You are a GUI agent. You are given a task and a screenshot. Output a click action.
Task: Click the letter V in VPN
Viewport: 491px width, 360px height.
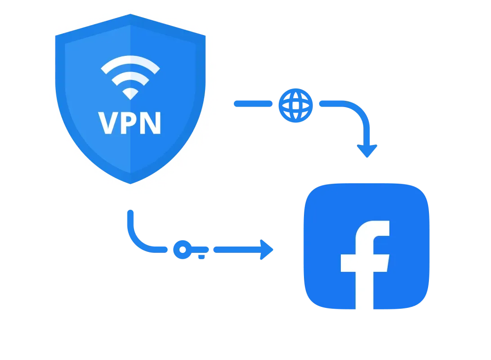[108, 123]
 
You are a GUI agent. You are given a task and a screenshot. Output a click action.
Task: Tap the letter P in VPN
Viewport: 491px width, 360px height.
[130, 123]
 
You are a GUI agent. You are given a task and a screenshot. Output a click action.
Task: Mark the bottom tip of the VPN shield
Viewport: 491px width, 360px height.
[130, 183]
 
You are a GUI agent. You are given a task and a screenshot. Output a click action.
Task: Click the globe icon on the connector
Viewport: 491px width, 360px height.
[295, 104]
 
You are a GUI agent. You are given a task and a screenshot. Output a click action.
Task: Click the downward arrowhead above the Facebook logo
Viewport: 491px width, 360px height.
[367, 151]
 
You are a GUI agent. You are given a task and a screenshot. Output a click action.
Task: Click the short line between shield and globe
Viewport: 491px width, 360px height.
[253, 104]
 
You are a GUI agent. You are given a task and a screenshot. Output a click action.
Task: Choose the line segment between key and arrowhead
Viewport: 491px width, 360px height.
[236, 250]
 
